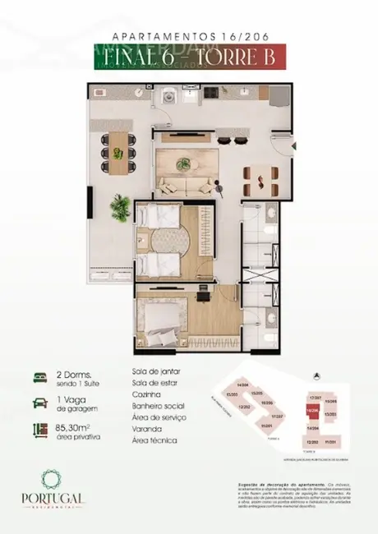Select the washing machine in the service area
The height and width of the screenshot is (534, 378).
[x=168, y=95]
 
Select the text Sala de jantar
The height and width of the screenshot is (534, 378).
[x=156, y=371]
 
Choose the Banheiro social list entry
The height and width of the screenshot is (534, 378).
[x=161, y=406]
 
